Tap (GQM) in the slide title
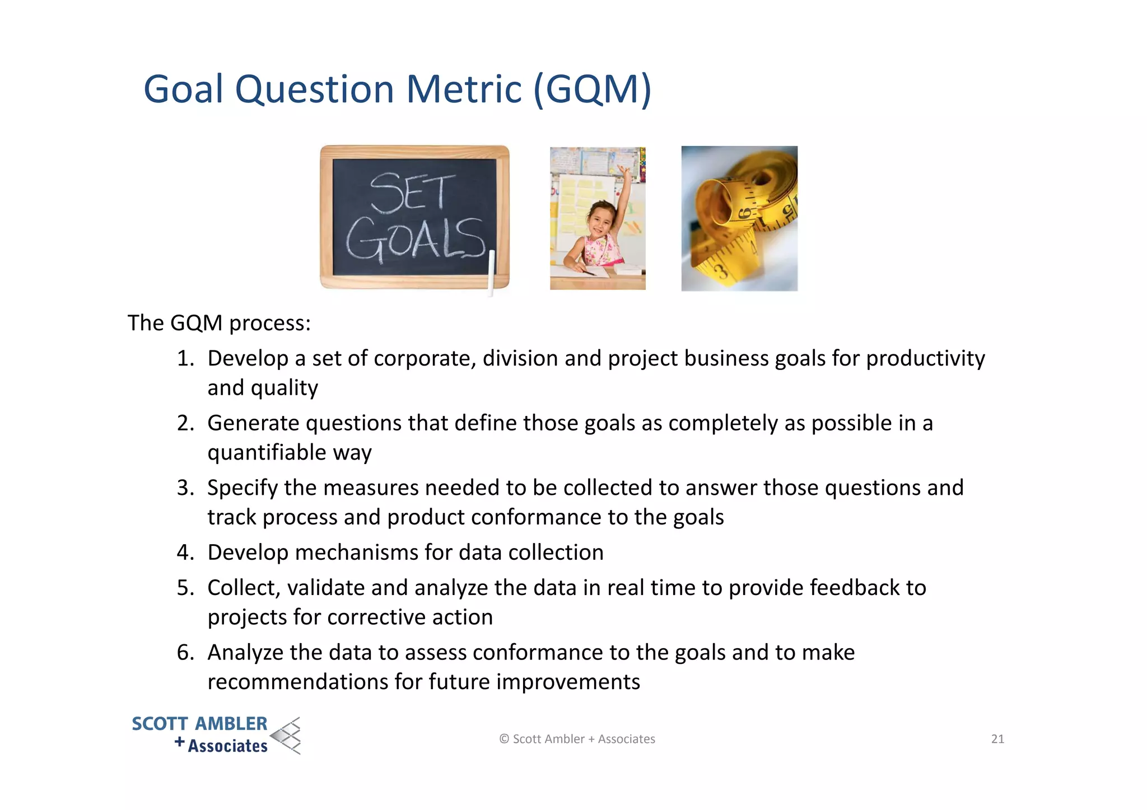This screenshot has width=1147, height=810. tap(592, 90)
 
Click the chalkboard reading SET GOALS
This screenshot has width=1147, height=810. tap(414, 217)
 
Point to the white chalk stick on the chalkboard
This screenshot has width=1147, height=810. tap(492, 272)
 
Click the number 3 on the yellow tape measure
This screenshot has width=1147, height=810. tap(722, 273)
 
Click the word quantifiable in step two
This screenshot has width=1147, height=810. tap(267, 452)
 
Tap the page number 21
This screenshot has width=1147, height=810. tap(997, 739)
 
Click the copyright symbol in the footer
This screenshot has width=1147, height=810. tap(504, 739)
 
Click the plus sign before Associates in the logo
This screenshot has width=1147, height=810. tap(179, 742)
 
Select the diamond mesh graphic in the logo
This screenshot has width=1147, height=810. tap(286, 736)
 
